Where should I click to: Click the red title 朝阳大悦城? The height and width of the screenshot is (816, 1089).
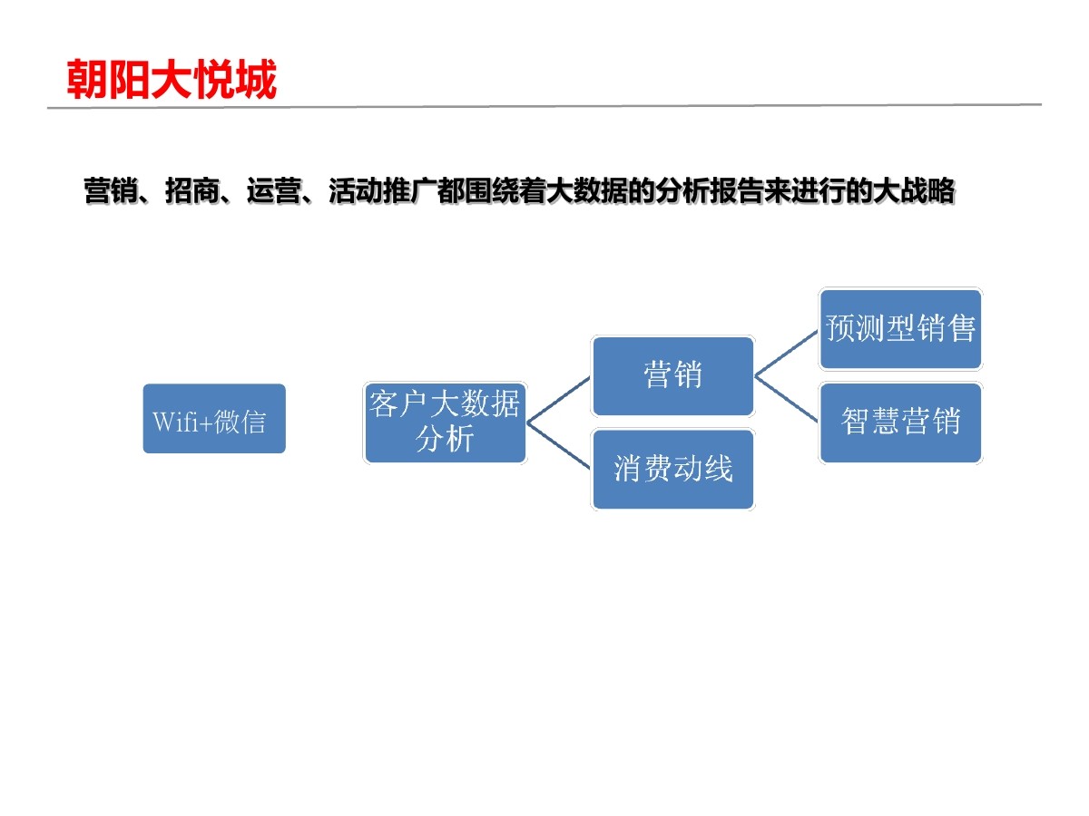coord(172,80)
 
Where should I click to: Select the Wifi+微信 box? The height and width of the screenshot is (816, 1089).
coord(214,419)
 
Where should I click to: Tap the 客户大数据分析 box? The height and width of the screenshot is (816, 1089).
coord(445,423)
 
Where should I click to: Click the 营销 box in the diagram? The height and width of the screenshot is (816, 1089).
coord(672,375)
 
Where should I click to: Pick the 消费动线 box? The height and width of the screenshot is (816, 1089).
coord(672,469)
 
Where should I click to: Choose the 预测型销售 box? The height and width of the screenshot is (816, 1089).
coord(900,329)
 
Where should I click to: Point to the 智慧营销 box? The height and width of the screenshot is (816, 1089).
coord(900,423)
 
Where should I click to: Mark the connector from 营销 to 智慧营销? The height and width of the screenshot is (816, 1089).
coord(786,399)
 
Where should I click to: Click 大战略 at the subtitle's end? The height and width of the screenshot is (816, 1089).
coord(915,192)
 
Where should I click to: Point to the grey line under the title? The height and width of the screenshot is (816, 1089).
coord(544,106)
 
